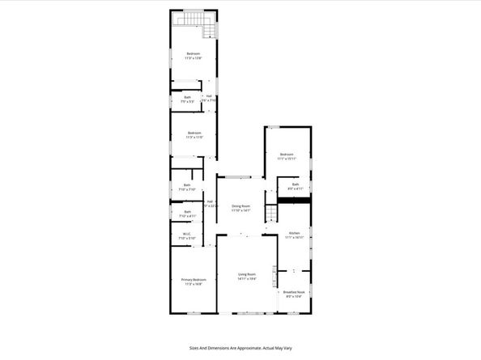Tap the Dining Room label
click(240, 205)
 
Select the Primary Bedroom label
click(193, 280)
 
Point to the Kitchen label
click(295, 233)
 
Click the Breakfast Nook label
click(294, 292)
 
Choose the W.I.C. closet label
click(186, 235)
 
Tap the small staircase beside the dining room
click(273, 213)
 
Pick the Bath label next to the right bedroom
click(296, 185)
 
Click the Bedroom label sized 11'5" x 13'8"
click(193, 54)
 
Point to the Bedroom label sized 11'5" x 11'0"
click(193, 133)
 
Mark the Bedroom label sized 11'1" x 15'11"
click(287, 155)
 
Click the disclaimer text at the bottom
click(240, 347)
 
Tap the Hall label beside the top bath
click(209, 97)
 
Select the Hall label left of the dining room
click(210, 202)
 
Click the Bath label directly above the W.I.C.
click(186, 212)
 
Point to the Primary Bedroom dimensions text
click(193, 284)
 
